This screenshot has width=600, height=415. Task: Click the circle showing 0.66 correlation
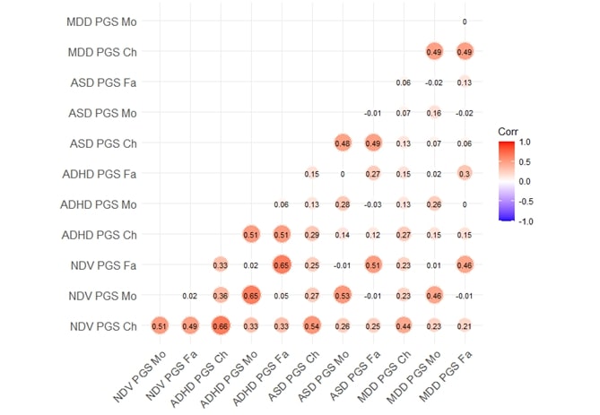pyautogui.click(x=221, y=325)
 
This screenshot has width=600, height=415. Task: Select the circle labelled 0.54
pyautogui.click(x=312, y=325)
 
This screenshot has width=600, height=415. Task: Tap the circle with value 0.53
pyautogui.click(x=342, y=295)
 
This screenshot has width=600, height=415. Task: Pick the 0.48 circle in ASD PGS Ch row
pyautogui.click(x=342, y=143)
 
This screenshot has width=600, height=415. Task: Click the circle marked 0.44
pyautogui.click(x=404, y=325)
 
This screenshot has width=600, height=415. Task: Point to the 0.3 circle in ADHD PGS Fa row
pyautogui.click(x=464, y=173)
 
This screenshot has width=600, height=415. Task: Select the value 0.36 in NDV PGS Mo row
pyautogui.click(x=221, y=295)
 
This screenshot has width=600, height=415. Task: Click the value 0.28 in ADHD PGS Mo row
pyautogui.click(x=342, y=203)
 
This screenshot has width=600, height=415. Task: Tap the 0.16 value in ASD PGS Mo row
pyautogui.click(x=434, y=112)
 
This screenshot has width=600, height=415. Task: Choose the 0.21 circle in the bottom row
pyautogui.click(x=464, y=325)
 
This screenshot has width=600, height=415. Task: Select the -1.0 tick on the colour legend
pyautogui.click(x=530, y=218)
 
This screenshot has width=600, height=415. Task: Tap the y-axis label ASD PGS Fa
pyautogui.click(x=104, y=82)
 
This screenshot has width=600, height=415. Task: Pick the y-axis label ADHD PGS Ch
pyautogui.click(x=100, y=234)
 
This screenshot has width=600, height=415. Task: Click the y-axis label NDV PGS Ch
pyautogui.click(x=103, y=325)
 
